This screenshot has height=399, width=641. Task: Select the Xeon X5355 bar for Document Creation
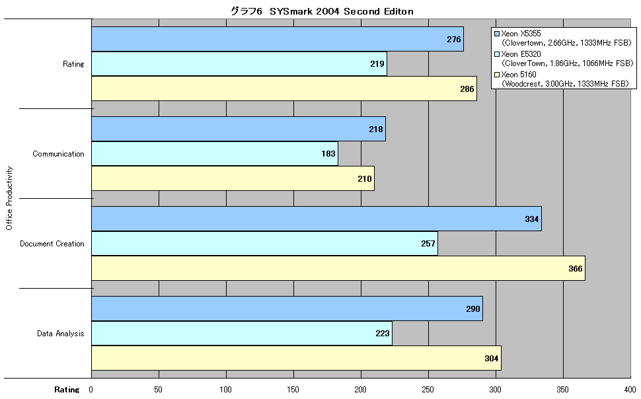tap(317, 219)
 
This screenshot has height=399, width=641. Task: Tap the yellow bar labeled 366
tap(338, 268)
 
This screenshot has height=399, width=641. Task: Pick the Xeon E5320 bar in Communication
tap(215, 154)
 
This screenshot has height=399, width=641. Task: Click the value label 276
tap(454, 39)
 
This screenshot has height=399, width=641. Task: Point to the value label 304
tap(492, 359)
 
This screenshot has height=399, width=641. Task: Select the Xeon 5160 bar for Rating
tap(284, 89)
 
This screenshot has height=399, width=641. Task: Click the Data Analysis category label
tap(61, 334)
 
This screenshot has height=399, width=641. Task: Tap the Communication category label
tap(58, 154)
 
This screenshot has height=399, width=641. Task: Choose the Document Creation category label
tap(52, 244)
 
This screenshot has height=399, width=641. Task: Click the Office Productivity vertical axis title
tap(9, 198)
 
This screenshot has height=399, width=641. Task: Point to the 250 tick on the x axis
tap(428, 390)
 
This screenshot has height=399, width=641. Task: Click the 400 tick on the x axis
tap(630, 390)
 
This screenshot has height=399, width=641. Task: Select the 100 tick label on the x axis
tap(225, 390)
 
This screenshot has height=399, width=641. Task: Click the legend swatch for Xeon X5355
tap(497, 34)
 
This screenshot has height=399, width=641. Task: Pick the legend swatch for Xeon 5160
tap(497, 75)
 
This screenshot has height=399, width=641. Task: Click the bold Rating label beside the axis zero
tap(67, 390)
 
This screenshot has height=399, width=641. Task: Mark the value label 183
tap(328, 154)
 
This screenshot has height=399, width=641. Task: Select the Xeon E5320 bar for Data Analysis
tap(242, 333)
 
